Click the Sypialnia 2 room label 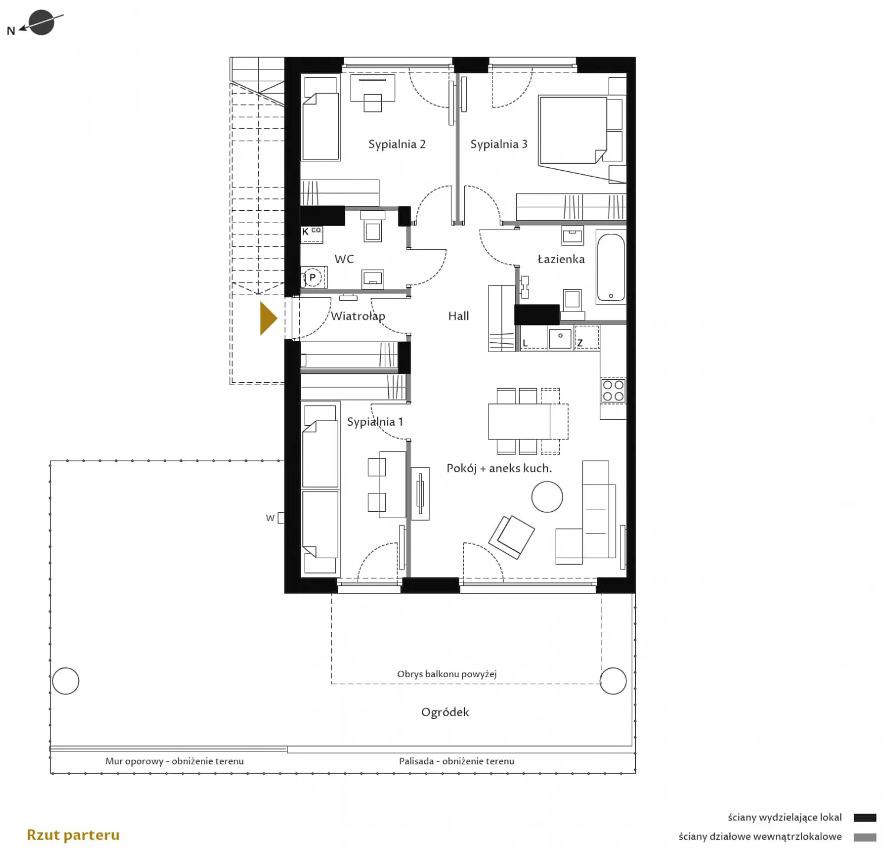point(397,144)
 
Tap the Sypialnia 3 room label point(498,144)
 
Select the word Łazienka point(561,259)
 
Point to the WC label point(344,259)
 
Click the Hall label point(458,316)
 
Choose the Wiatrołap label point(358,316)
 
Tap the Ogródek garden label point(445,712)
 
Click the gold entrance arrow point(267,319)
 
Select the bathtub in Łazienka point(611,268)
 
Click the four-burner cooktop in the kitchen point(613,390)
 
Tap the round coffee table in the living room point(547,496)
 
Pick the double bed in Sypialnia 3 point(573,130)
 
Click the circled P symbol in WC point(312,277)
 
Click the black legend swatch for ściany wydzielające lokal point(864,817)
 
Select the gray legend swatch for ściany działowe point(864,837)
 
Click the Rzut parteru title point(73,835)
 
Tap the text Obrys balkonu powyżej point(447,674)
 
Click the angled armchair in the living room point(511,536)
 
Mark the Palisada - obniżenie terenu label point(456,761)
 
